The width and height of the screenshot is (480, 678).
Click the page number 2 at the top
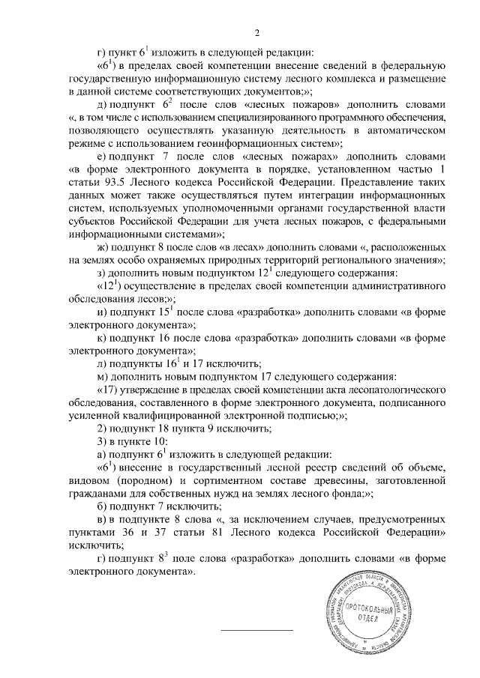(x=256, y=33)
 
